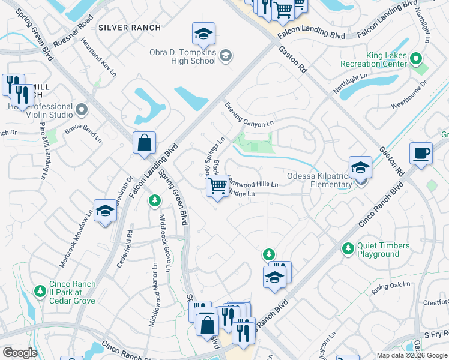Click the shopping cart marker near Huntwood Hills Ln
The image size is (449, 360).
pyautogui.click(x=217, y=186)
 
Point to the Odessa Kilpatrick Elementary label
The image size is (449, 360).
pyautogui.click(x=319, y=180)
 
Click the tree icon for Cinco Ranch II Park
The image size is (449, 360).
pyautogui.click(x=40, y=291)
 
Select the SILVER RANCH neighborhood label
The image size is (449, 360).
pyautogui.click(x=130, y=28)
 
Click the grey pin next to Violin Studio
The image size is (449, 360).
pyautogui.click(x=82, y=110)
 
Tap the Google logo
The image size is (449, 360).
pyautogui.click(x=20, y=353)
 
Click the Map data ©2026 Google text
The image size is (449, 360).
pyautogui.click(x=412, y=355)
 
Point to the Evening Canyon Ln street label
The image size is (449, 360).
pyautogui.click(x=249, y=113)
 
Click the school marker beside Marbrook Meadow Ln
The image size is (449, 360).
pyautogui.click(x=105, y=211)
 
